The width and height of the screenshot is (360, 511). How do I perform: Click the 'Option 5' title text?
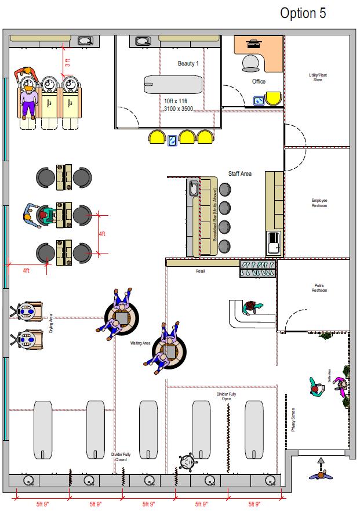pyautogui.click(x=303, y=13)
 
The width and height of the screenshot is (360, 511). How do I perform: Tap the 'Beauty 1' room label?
pyautogui.click(x=188, y=63)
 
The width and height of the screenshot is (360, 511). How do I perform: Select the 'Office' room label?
pyautogui.click(x=259, y=81)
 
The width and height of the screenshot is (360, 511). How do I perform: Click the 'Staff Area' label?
pyautogui.click(x=239, y=173)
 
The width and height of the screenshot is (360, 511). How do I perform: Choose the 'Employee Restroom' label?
pyautogui.click(x=319, y=203)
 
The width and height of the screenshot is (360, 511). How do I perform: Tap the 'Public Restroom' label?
pyautogui.click(x=319, y=288)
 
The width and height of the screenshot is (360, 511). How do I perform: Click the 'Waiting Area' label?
pyautogui.click(x=140, y=343)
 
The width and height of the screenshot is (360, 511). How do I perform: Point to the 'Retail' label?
pyautogui.click(x=200, y=271)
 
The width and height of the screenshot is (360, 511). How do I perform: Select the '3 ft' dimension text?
pyautogui.click(x=68, y=63)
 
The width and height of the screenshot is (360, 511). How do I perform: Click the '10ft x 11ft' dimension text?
pyautogui.click(x=176, y=101)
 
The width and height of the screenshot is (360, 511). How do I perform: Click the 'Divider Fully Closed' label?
pyautogui.click(x=121, y=456)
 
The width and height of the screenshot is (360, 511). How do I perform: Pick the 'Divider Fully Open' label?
pyautogui.click(x=226, y=397)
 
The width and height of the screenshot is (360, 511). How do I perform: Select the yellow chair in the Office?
pyautogui.click(x=273, y=99)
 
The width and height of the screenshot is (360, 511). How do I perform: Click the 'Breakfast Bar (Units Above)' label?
pyautogui.click(x=214, y=215)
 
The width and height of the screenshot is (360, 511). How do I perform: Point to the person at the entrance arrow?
pyautogui.click(x=319, y=474)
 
